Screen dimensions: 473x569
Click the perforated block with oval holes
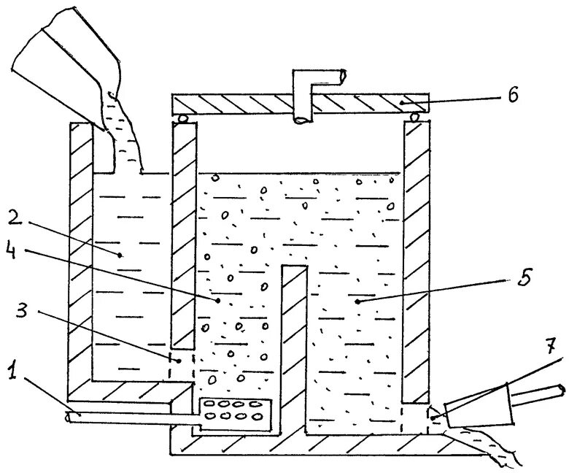234,410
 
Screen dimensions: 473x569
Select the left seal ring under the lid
182,118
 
